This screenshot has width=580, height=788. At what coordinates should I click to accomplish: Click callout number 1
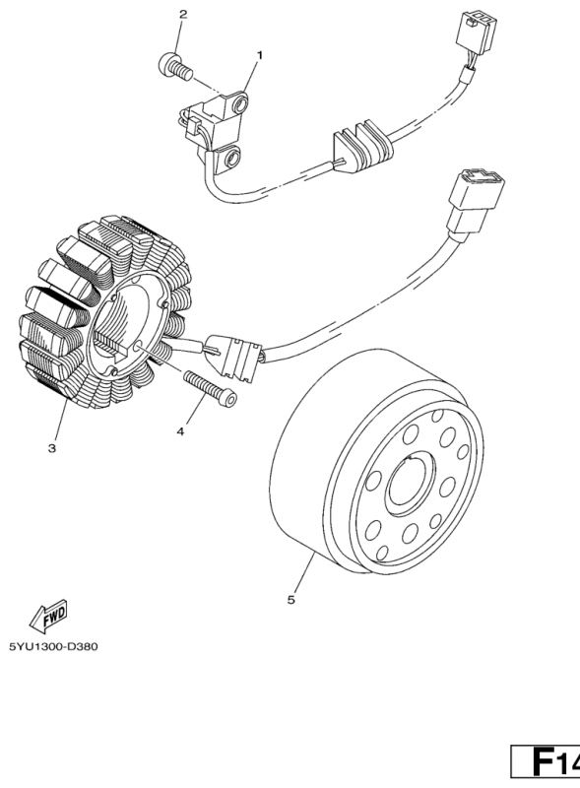(260, 55)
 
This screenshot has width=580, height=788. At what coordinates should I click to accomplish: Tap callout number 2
(183, 14)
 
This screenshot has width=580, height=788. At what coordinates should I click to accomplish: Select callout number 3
(52, 448)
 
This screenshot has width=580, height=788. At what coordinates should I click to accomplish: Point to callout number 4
(180, 430)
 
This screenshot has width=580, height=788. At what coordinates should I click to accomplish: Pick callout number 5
(291, 600)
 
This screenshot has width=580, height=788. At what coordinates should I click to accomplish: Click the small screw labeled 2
(175, 67)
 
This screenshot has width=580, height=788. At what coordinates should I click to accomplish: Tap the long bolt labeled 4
(211, 388)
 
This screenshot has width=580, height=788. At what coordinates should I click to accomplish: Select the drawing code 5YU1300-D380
(53, 646)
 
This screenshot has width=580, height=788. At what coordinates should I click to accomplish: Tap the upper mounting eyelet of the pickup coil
(239, 104)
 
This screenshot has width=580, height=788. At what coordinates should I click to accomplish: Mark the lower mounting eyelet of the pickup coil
(230, 159)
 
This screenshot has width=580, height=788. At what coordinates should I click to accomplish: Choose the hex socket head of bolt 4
(228, 399)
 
